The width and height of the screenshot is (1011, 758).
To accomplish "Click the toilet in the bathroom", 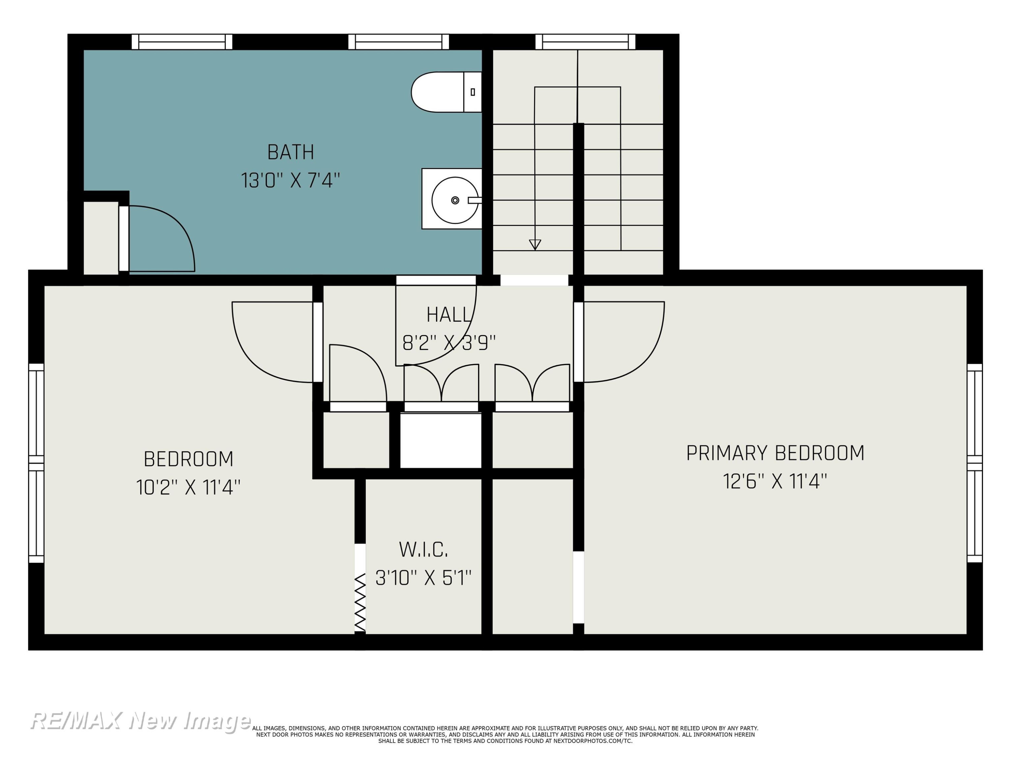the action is point(446,92).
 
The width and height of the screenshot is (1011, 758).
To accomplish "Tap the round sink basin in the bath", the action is point(455,200).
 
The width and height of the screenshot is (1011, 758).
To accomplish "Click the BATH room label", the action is point(291,152).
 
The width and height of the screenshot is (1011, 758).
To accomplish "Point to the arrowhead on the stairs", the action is point(535,245).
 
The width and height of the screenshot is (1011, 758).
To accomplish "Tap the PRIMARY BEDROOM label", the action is point(775,453).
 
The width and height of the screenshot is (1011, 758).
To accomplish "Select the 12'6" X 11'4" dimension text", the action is point(775,481).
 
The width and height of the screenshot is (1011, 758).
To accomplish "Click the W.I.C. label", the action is point(423,550).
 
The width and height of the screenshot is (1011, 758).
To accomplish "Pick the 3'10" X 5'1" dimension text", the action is point(423,578).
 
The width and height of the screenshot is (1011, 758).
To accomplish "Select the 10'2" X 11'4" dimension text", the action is point(188,487).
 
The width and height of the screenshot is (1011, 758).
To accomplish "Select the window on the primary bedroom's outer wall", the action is point(975,463).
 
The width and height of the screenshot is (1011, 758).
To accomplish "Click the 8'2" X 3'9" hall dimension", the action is point(449,343).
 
